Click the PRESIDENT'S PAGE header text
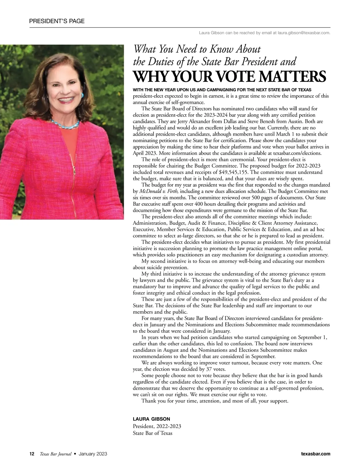point(57,21)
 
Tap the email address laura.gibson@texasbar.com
point(304,33)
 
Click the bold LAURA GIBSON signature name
point(151,419)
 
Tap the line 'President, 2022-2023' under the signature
point(157,426)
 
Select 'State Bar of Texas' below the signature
point(152,433)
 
